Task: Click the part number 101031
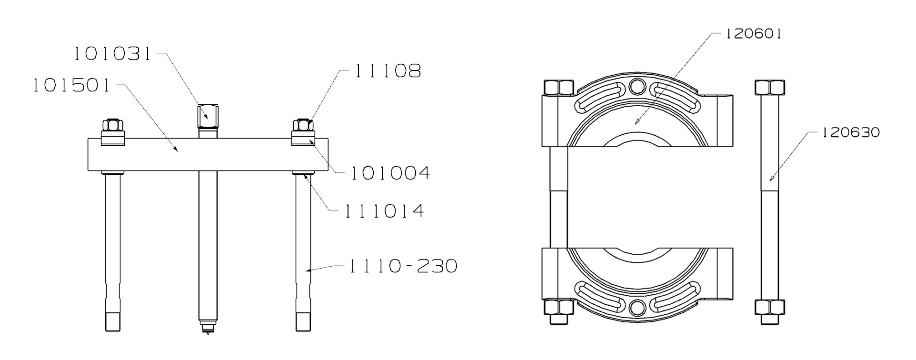pos(112,54)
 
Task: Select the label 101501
pos(71,86)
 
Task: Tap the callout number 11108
pos(387,71)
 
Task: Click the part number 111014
pos(384,210)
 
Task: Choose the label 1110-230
pos(403,266)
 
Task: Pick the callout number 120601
pos(753,34)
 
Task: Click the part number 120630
pos(851,133)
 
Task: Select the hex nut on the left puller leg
pos(113,125)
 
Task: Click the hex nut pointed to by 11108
pos(303,125)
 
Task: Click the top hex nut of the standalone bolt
pos(770,88)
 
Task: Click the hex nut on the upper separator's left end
pos(559,87)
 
